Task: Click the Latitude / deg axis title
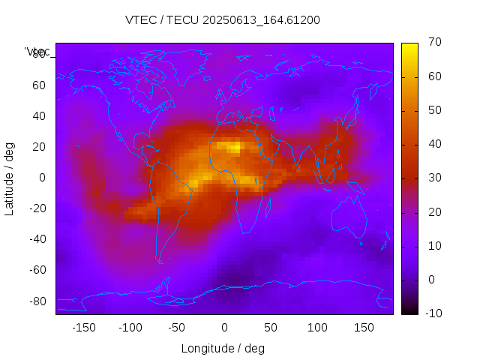pyautogui.click(x=10, y=178)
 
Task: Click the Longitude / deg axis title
pyautogui.click(x=223, y=348)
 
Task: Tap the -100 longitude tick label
pyautogui.click(x=130, y=327)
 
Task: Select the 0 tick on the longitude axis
pyautogui.click(x=223, y=327)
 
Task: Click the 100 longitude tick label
pyautogui.click(x=317, y=327)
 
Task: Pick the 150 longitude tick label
pyautogui.click(x=364, y=327)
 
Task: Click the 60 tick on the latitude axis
pyautogui.click(x=39, y=85)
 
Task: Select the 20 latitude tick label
pyautogui.click(x=39, y=147)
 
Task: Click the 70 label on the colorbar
pyautogui.click(x=433, y=43)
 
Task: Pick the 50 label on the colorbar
pyautogui.click(x=433, y=110)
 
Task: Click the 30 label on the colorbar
pyautogui.click(x=433, y=178)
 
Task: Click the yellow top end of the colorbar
pyautogui.click(x=409, y=46)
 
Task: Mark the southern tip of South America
pyautogui.click(x=160, y=262)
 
